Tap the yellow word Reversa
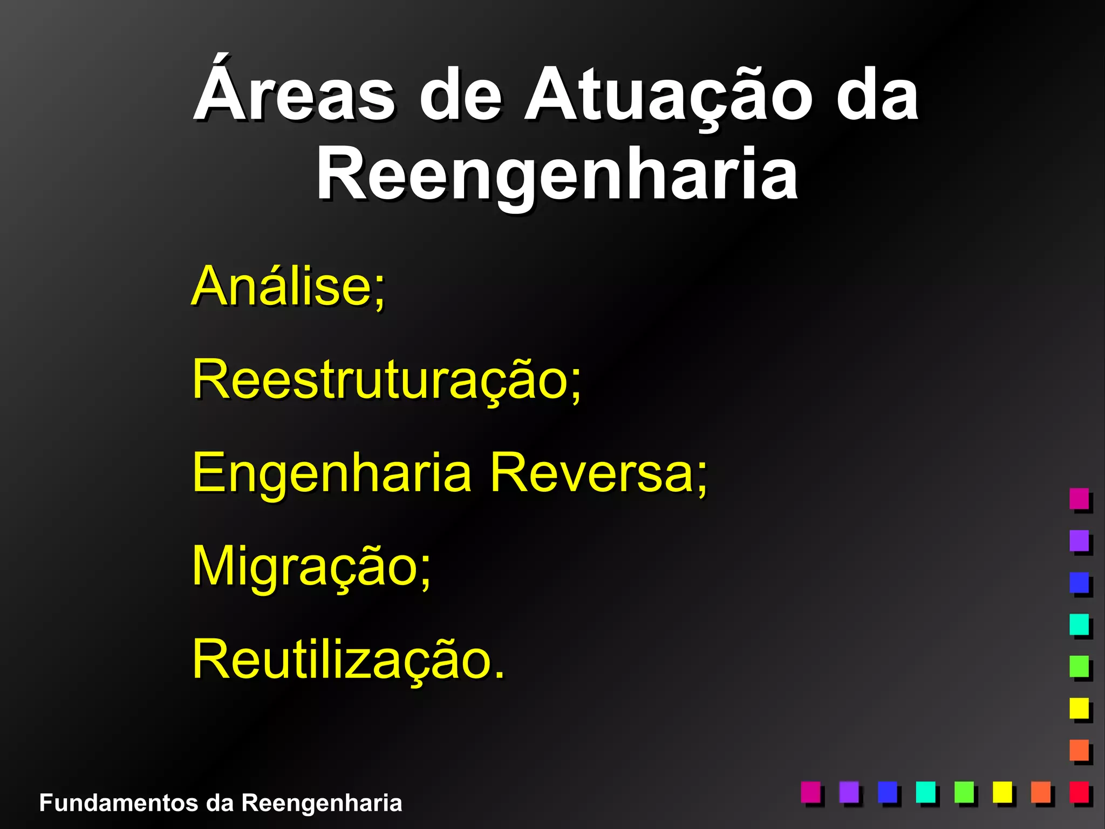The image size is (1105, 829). (x=598, y=473)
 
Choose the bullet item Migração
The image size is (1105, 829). (x=311, y=566)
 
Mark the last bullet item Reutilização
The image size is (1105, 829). (x=348, y=659)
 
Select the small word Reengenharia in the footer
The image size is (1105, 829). (x=322, y=803)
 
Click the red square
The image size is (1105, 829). (x=1079, y=792)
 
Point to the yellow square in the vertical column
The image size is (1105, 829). (x=1079, y=708)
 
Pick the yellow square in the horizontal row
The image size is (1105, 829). (x=1002, y=792)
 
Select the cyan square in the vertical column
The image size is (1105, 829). (x=1079, y=624)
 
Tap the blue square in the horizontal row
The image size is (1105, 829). (x=888, y=792)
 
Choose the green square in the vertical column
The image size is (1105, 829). (x=1079, y=666)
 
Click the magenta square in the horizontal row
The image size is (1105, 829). (x=810, y=792)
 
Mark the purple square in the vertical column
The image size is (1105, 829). (x=1079, y=540)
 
